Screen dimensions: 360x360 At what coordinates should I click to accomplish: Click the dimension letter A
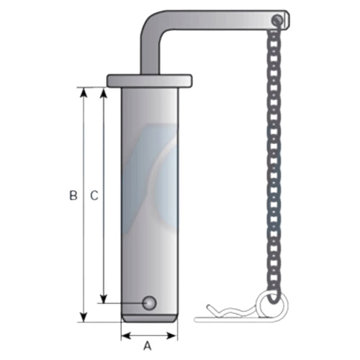148,346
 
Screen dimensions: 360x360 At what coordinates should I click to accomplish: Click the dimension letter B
73,196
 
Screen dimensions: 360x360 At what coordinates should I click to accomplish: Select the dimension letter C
94,196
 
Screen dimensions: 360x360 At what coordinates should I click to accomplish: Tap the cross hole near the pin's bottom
149,303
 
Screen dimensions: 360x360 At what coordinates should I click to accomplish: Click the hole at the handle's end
277,19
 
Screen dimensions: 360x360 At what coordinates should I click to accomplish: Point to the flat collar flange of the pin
149,81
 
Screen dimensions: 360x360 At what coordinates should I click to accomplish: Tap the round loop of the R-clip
272,305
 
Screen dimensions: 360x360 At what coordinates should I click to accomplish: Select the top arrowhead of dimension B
84,93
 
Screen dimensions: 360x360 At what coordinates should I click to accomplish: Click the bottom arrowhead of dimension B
84,317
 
